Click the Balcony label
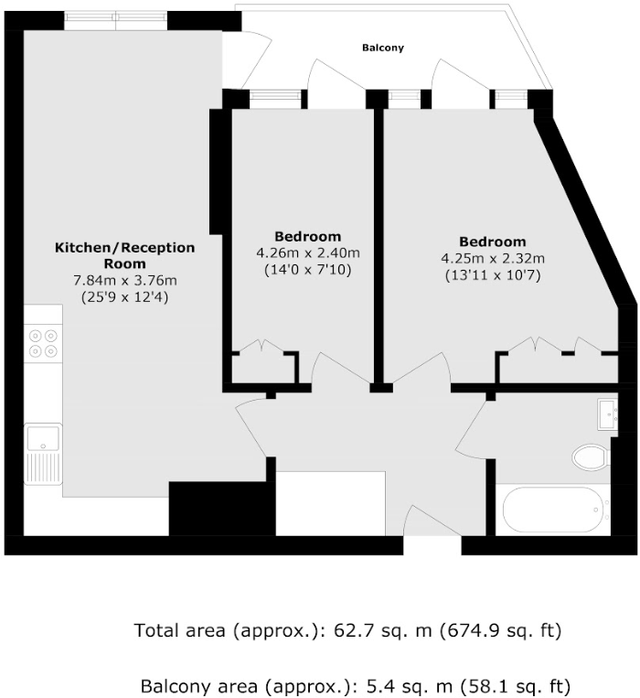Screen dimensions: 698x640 [382, 48]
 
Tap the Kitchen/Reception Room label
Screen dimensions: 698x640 [125, 255]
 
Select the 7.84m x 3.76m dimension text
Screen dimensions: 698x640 [125, 281]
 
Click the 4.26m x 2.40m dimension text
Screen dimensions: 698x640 [308, 253]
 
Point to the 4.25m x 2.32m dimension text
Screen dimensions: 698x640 [493, 258]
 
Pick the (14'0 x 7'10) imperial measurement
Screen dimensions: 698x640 [308, 270]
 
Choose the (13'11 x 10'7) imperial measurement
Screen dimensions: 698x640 [493, 274]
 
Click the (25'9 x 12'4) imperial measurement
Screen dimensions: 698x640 [125, 297]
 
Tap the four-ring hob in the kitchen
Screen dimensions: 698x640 [43, 342]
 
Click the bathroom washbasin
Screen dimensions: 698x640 [608, 413]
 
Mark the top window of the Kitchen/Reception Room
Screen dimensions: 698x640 [115, 18]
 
